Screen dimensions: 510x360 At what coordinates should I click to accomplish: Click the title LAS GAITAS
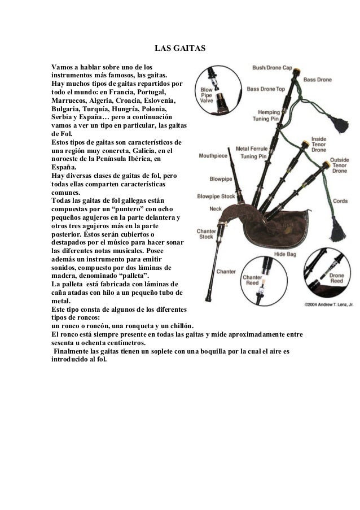180,51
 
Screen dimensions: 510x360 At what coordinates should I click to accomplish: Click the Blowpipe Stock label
216,197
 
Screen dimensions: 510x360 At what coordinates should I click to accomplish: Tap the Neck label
216,208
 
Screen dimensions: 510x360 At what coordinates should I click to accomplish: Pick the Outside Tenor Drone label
339,164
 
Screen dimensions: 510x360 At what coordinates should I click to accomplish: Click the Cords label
340,200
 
